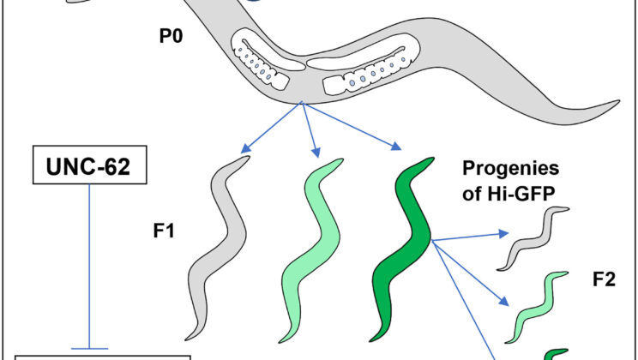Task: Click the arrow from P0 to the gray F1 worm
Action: (x=272, y=129)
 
